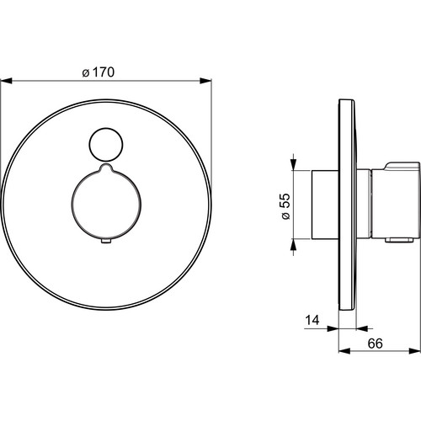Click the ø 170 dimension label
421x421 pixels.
pyautogui.click(x=99, y=72)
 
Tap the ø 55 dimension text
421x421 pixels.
pyautogui.click(x=285, y=206)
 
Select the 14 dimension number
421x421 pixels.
pyautogui.click(x=312, y=320)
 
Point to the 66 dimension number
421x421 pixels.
pyautogui.click(x=376, y=344)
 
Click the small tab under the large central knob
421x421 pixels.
pyautogui.click(x=106, y=241)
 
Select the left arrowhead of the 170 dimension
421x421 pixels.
pyautogui.click(x=6, y=81)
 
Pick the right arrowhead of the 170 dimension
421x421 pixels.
pyautogui.click(x=205, y=81)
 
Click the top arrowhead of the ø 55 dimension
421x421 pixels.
pyautogui.click(x=293, y=164)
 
